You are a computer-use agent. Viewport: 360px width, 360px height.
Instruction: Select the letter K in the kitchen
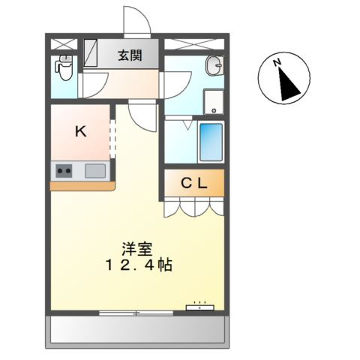coord(81,130)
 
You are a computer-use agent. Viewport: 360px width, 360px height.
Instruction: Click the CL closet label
coord(193,181)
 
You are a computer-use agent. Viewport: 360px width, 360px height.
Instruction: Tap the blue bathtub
coord(211,140)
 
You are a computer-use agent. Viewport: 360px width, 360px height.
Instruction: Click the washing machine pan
coord(213,100)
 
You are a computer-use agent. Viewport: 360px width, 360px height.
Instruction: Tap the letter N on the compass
coord(277,63)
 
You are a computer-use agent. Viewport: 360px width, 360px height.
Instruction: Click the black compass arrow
coord(287,85)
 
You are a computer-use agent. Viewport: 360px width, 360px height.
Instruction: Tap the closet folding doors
coord(193,205)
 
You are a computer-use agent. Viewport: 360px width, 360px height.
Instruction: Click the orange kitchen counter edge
coord(82,184)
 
